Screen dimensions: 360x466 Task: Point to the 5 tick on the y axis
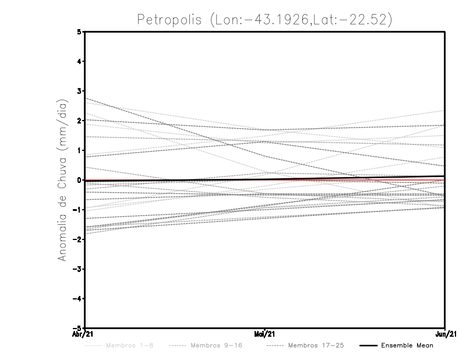click(x=79, y=31)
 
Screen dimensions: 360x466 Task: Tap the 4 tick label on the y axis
click(x=79, y=61)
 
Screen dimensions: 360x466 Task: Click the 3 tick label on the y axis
click(x=79, y=91)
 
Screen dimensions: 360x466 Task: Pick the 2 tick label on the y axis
click(x=79, y=121)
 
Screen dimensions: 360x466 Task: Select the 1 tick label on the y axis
click(x=79, y=150)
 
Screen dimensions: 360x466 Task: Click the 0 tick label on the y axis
click(x=79, y=180)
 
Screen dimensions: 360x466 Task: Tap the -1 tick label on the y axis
click(x=77, y=210)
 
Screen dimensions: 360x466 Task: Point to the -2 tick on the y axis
click(x=77, y=239)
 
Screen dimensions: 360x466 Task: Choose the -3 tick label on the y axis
click(x=77, y=269)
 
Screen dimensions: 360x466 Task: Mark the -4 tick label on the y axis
click(x=77, y=299)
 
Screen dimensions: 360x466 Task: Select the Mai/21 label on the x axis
click(x=265, y=334)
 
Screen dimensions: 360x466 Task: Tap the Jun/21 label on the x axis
click(x=446, y=334)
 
